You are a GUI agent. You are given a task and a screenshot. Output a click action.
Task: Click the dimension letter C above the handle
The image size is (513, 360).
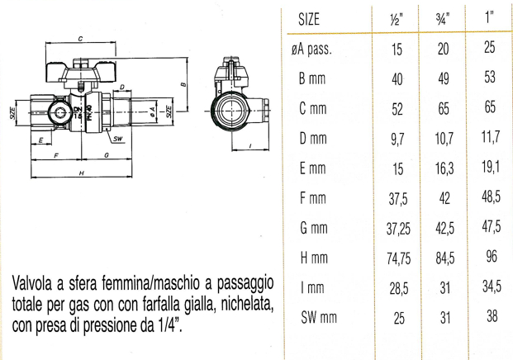pyautogui.click(x=79, y=39)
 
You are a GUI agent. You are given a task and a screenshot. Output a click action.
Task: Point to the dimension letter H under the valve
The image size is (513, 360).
pyautogui.click(x=81, y=173)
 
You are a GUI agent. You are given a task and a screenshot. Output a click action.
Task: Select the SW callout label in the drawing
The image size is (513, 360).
pyautogui.click(x=118, y=138)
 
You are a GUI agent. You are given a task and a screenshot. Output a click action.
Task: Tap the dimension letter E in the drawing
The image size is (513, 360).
pyautogui.click(x=40, y=140)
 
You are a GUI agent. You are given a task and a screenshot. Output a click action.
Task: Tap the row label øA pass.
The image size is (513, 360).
pyautogui.click(x=312, y=50)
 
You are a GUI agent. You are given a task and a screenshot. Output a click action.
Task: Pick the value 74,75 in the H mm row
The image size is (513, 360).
pyautogui.click(x=397, y=259)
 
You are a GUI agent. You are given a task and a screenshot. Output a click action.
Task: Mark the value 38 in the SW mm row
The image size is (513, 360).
pyautogui.click(x=492, y=317)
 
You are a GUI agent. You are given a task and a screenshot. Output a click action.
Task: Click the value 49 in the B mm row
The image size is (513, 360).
pyautogui.click(x=444, y=78)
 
